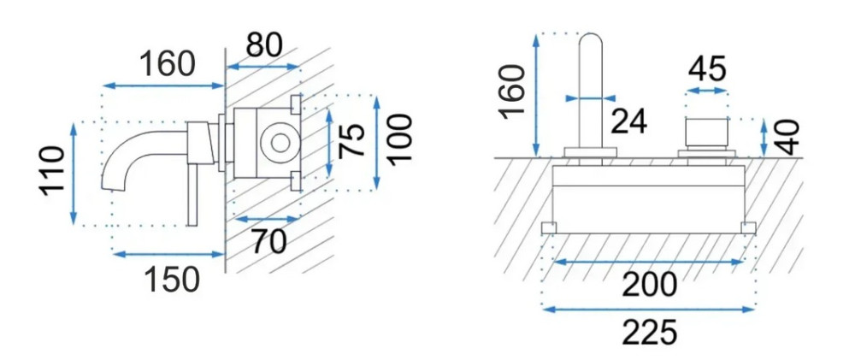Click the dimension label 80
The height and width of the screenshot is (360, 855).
coord(264,45)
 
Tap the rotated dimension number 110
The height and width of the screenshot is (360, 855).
coord(52,169)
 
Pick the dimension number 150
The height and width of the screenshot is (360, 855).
coord(172,280)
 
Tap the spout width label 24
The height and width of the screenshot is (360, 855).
coord(628,121)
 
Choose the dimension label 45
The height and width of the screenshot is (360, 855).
coord(707,69)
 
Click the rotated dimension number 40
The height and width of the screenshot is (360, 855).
coord(787,138)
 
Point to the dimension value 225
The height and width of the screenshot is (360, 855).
coord(650,333)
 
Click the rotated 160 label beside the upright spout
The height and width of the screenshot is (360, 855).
coord(512,91)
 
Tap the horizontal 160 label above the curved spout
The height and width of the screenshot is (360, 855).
coord(168,64)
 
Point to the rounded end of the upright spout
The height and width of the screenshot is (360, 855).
coord(589,36)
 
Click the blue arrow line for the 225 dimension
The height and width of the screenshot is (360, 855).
coord(649,310)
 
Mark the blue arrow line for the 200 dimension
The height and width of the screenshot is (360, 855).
coord(649,263)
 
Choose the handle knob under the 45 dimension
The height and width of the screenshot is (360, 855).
coord(707,132)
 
